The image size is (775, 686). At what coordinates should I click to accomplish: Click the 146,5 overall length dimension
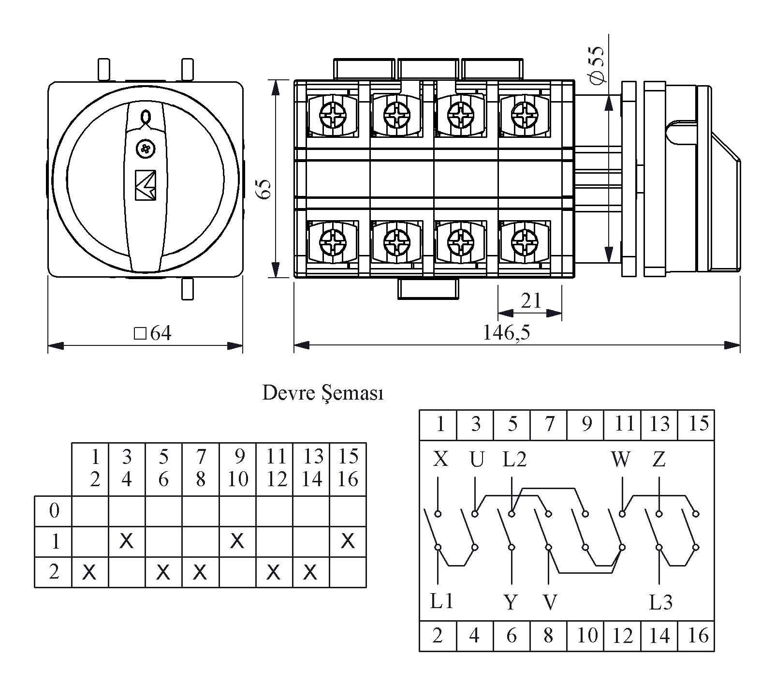click(506, 332)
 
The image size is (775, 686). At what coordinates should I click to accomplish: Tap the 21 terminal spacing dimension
click(531, 301)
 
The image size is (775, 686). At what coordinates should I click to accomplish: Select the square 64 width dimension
click(153, 333)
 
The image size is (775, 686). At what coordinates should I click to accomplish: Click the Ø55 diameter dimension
click(598, 65)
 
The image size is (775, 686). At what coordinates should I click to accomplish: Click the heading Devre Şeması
click(322, 393)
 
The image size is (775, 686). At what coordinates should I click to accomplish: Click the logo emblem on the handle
click(145, 184)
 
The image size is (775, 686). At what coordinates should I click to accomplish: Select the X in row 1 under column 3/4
click(126, 541)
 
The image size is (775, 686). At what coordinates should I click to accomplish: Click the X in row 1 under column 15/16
click(348, 541)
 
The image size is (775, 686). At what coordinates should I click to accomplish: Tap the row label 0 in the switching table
click(54, 511)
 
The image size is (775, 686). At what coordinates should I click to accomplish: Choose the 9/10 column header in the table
click(237, 468)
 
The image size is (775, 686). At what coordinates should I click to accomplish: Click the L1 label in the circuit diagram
click(441, 601)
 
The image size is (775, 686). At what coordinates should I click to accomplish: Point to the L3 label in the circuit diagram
click(660, 602)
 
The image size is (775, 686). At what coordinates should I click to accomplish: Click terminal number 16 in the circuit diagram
click(697, 635)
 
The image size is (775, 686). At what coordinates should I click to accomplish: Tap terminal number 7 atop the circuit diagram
click(549, 424)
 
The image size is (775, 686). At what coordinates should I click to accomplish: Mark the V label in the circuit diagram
click(549, 602)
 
